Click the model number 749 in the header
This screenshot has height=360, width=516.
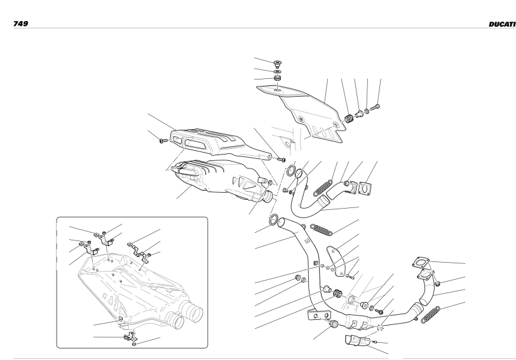click(x=20, y=24)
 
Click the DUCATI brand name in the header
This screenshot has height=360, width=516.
click(x=502, y=24)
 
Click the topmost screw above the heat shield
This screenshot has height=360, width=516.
click(x=278, y=62)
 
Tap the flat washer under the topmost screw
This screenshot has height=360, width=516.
click(x=278, y=71)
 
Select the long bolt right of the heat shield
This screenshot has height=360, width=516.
click(x=376, y=107)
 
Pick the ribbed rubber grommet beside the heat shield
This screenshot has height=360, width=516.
click(x=348, y=118)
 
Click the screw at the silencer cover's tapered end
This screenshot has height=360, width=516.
click(x=281, y=160)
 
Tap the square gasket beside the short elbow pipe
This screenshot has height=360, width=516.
click(x=365, y=188)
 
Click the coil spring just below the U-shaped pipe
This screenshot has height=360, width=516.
click(x=322, y=229)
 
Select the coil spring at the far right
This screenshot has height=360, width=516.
click(x=431, y=315)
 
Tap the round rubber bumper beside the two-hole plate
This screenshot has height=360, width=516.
click(x=334, y=324)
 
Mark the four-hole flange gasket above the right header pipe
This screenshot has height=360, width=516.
click(x=421, y=263)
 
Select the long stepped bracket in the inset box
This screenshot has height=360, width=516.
click(x=139, y=252)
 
